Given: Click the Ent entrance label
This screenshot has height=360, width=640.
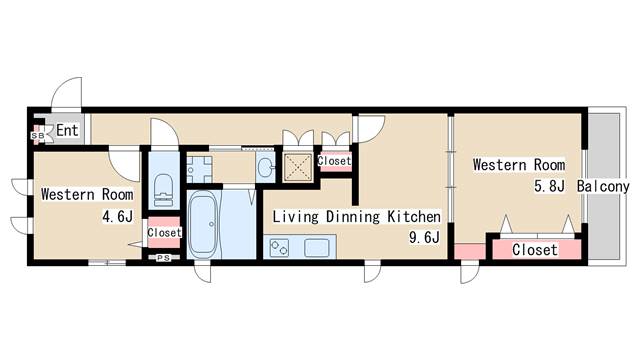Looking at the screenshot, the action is click(67, 131).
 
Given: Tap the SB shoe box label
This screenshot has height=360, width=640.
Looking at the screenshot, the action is click(38, 135).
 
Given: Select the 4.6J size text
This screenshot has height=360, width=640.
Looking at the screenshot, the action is click(118, 216).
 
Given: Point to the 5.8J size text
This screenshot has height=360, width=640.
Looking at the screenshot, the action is click(549, 186).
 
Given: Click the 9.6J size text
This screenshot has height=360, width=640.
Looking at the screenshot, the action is click(424, 237).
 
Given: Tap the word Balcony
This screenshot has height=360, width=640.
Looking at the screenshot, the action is click(603, 187).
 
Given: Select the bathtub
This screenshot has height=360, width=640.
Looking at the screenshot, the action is click(203, 224).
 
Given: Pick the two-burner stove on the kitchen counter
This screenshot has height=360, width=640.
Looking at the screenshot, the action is click(279, 247).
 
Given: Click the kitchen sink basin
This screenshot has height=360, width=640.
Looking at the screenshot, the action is click(316, 248).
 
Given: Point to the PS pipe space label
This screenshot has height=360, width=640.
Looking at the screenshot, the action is click(164, 258).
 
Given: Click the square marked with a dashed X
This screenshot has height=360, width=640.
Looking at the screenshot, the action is click(298, 167).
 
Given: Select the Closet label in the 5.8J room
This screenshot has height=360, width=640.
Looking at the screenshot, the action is click(535, 249).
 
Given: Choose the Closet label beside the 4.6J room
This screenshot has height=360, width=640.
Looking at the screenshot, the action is click(164, 233).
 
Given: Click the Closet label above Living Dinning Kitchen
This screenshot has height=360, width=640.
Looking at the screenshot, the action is click(334, 161).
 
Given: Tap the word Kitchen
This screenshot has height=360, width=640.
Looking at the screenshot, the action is click(414, 216).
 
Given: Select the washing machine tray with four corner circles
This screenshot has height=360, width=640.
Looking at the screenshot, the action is click(200, 169).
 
